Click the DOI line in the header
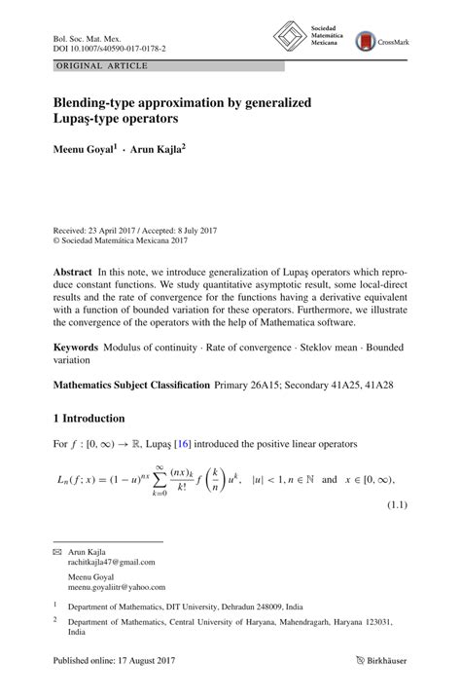pos(109,46)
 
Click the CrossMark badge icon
pos(365,41)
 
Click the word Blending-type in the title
pos(102,100)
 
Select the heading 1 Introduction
pos(89,419)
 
